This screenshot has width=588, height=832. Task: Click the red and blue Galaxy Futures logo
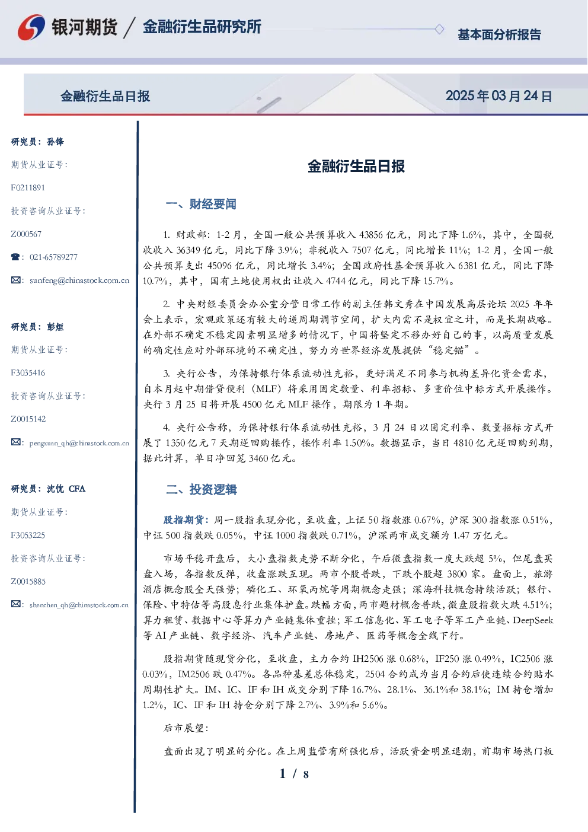point(31,27)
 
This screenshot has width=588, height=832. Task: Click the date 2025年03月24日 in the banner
point(498,96)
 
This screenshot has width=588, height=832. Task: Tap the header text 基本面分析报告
point(499,34)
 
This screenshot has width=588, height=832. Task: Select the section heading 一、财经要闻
point(201,204)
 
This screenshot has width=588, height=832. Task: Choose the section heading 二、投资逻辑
point(201,489)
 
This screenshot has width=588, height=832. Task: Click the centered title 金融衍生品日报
point(356,166)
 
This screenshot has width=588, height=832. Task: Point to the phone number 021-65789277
point(53,257)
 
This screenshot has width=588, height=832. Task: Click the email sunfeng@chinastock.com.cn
point(79,280)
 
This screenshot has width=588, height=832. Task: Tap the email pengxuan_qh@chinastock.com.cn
point(79,443)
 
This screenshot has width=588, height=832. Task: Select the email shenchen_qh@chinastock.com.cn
point(79,605)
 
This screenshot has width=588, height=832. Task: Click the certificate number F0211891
point(28,187)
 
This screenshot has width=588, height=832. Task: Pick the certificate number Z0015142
point(28,419)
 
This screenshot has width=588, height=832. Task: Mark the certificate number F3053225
point(28,535)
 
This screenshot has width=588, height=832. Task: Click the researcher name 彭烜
point(55,327)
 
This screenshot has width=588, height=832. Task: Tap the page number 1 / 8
point(294,774)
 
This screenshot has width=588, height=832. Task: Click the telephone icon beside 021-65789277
point(15,257)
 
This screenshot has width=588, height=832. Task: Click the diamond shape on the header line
point(439,29)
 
